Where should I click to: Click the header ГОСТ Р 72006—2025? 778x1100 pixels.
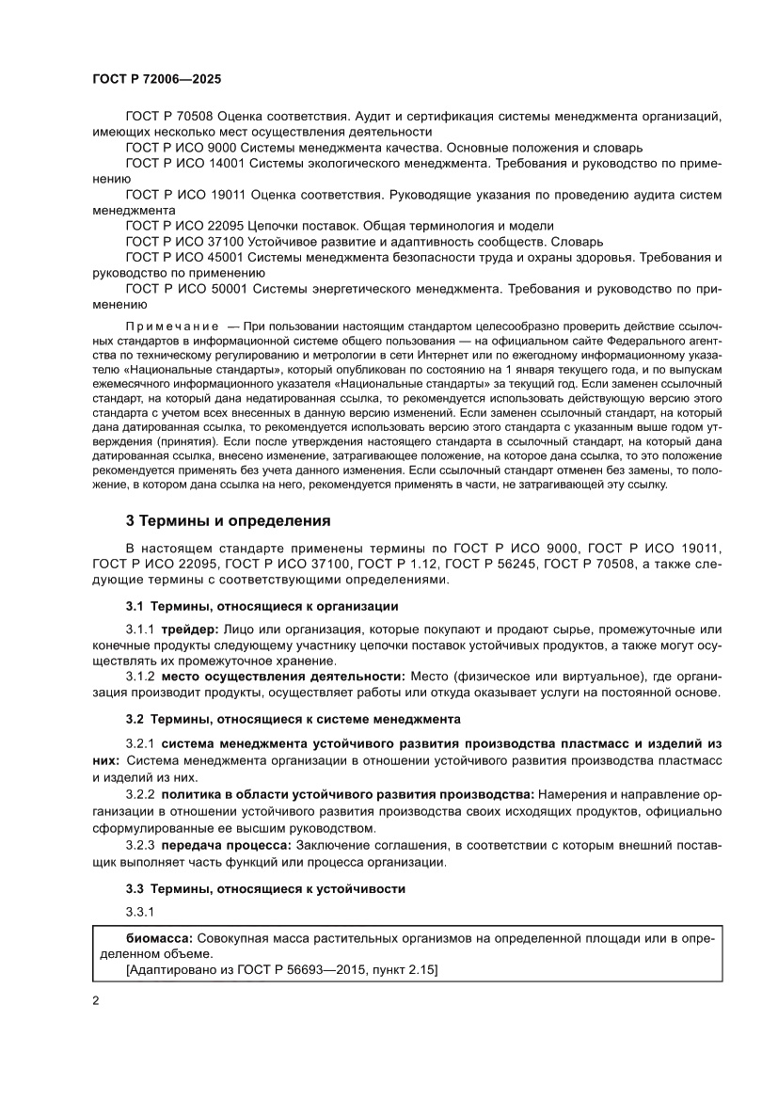(x=157, y=81)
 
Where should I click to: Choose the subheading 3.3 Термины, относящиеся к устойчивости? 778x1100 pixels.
(x=265, y=887)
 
